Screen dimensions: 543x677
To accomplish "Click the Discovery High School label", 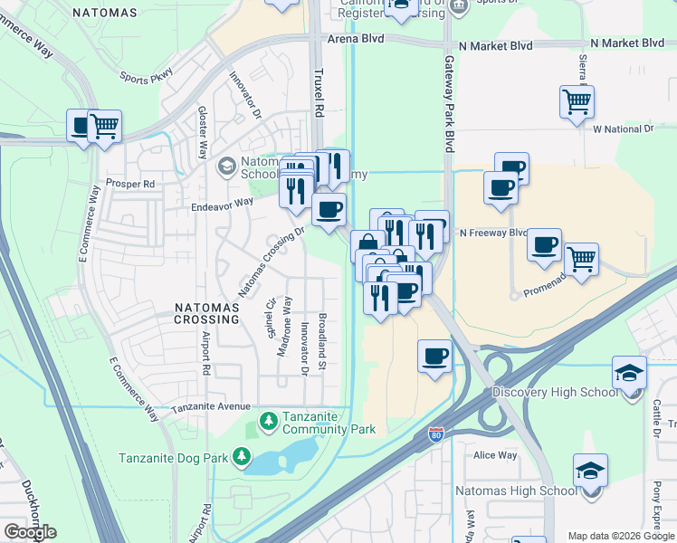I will pyautogui.click(x=555, y=392).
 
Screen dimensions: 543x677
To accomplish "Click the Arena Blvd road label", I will pyautogui.click(x=356, y=40).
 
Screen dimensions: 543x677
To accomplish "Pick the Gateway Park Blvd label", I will pyautogui.click(x=448, y=104).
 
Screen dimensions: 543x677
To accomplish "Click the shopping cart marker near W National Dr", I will pyautogui.click(x=577, y=102).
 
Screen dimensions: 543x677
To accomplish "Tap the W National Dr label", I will pyautogui.click(x=623, y=129).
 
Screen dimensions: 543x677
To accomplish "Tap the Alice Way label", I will pyautogui.click(x=495, y=455).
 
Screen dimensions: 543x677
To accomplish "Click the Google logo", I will pyautogui.click(x=30, y=532).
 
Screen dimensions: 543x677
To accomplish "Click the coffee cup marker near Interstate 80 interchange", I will pyautogui.click(x=434, y=356).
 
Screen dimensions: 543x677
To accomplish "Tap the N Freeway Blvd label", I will pyautogui.click(x=493, y=233).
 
